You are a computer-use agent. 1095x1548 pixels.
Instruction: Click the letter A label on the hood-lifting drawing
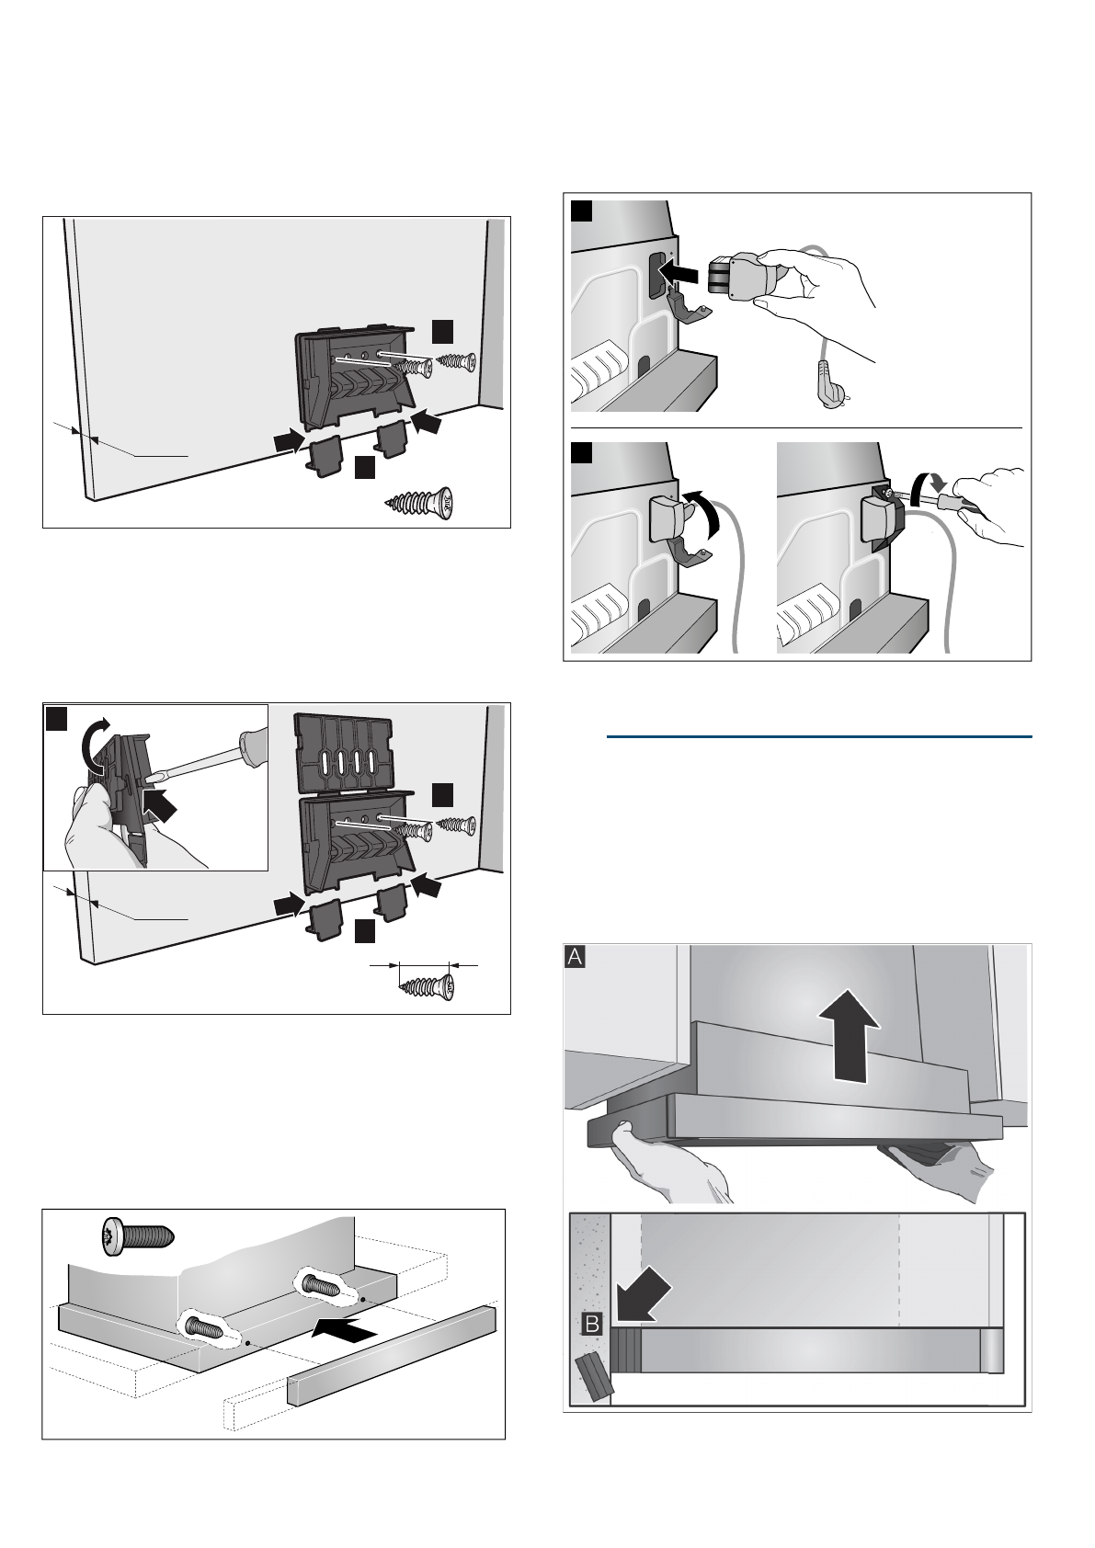pyautogui.click(x=575, y=958)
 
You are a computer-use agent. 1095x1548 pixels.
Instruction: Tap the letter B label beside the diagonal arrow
pyautogui.click(x=592, y=1325)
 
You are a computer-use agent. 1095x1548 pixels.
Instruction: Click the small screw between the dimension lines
pyautogui.click(x=425, y=987)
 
